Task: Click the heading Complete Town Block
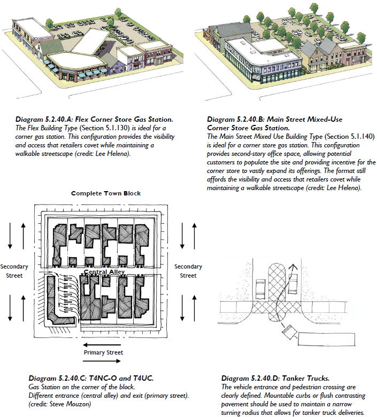tap(106, 193)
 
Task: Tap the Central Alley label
tap(105, 272)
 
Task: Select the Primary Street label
tap(103, 352)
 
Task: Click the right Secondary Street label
tap(188, 271)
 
